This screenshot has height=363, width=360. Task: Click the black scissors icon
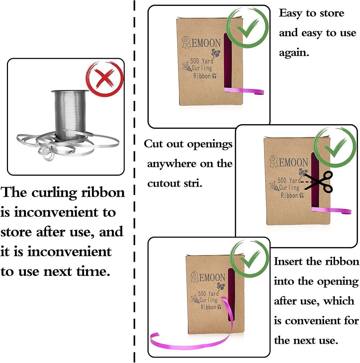point(320,181)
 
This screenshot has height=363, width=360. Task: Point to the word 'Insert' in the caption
point(288,261)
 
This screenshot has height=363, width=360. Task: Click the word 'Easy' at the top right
point(290,13)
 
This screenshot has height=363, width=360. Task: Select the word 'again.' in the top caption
point(294,53)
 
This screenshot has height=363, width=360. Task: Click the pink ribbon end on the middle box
point(332,211)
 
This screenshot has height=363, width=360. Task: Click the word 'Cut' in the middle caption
point(154,144)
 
